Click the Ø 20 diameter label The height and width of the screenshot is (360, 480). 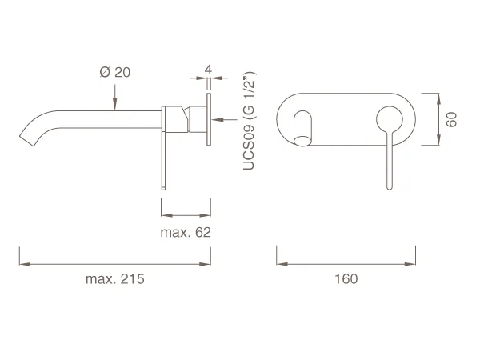(x=115, y=72)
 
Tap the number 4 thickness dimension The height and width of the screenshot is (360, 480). (x=208, y=70)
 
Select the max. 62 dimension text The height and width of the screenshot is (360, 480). (x=186, y=232)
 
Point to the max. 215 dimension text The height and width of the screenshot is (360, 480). (x=115, y=279)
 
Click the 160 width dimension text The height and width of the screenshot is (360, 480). (x=346, y=279)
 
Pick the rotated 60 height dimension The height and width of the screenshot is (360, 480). (x=451, y=119)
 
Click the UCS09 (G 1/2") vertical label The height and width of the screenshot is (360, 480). (x=249, y=121)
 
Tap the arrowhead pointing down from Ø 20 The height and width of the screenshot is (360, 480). (x=115, y=104)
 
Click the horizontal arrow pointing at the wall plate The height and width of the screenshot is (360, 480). (x=224, y=119)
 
